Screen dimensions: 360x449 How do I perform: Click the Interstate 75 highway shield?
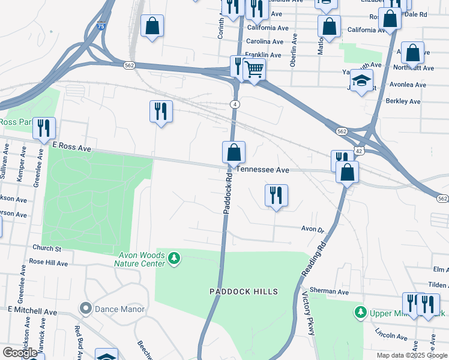pos(101,26)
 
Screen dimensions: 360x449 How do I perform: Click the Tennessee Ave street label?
pos(263,170)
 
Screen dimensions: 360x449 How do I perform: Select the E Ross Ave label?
pos(71,146)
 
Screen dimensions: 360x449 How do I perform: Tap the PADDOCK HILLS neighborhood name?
pos(244,292)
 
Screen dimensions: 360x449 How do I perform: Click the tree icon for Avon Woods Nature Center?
pos(174,258)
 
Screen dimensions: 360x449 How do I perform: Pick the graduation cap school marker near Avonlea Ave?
pos(361,80)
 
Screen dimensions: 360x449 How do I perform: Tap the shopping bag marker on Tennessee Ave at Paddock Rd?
pos(234,153)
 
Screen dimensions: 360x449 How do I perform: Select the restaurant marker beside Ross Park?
pos(44,128)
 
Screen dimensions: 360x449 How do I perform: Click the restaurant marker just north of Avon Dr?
pos(276,195)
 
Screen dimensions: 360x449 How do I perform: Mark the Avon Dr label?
pos(312,229)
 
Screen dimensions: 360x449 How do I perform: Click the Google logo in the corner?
pos(20,353)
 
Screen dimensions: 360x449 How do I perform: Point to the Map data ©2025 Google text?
pos(412,355)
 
